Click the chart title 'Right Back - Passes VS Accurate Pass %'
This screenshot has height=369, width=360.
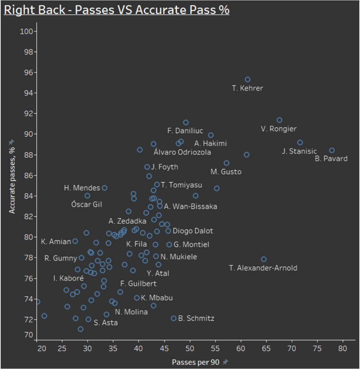pos(117,10)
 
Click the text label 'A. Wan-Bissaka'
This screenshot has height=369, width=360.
pos(190,206)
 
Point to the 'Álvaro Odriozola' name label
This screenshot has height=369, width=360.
pos(182,152)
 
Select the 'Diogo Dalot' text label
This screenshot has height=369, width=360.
pos(193,231)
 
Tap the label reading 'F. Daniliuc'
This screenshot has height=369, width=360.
pos(185,131)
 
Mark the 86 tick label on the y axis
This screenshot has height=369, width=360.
pos(28,176)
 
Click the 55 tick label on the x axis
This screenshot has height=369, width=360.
pos(215,348)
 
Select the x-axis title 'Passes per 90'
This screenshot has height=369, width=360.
pos(196,362)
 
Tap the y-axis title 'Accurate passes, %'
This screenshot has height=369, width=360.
pos(12,180)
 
